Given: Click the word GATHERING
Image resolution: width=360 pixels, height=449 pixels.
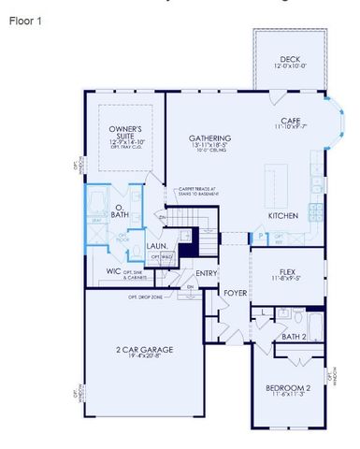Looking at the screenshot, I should click(209, 138).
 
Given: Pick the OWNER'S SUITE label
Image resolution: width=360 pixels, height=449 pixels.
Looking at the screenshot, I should click(124, 132).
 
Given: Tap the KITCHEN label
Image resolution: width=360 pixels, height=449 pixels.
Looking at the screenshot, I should click(283, 215).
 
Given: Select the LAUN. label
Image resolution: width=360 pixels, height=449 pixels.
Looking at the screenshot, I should click(158, 246).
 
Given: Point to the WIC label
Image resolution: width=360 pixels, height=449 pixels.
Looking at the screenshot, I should click(114, 271).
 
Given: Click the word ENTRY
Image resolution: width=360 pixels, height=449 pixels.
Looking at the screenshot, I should click(207, 273).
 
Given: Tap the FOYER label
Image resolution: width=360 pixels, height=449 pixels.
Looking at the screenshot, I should click(235, 293).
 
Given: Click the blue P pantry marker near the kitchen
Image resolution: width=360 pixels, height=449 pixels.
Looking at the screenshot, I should click(259, 237).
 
